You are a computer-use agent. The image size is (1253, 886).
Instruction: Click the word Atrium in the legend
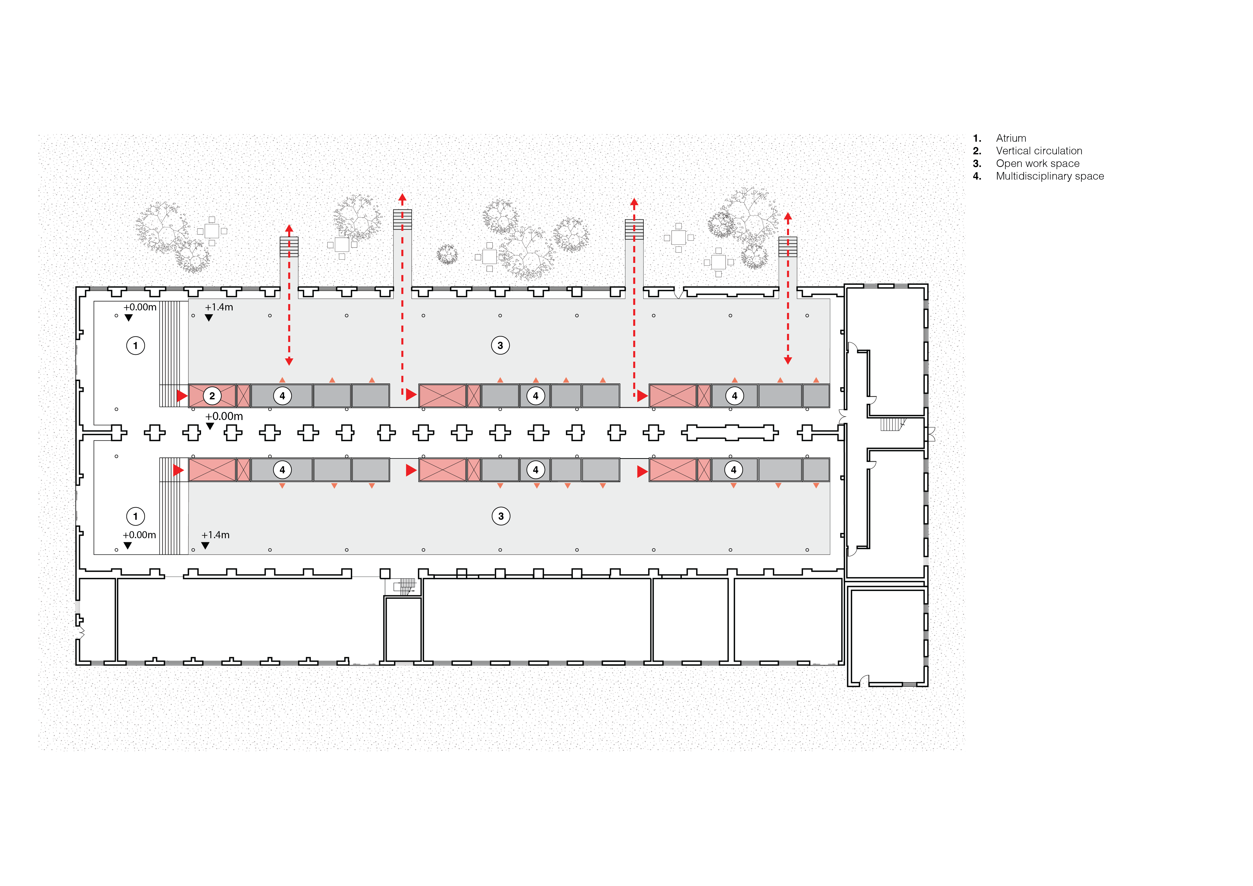1011,138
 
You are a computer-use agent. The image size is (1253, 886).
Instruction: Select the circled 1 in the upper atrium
135,345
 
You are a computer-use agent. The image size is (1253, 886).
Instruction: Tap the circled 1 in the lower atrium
135,516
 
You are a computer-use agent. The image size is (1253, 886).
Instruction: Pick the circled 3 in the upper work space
500,345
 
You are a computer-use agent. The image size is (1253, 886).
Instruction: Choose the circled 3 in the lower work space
500,516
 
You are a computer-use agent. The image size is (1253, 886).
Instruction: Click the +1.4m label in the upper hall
219,307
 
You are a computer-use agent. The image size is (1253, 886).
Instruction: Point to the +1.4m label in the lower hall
215,535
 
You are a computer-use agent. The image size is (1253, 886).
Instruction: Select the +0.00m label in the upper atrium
140,307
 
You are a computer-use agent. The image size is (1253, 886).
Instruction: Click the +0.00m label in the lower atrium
139,535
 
